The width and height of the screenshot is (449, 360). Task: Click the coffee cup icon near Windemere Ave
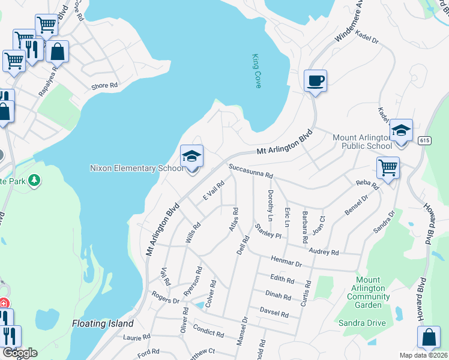point(315,80)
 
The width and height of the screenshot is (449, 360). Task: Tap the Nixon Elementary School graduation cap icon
point(192,157)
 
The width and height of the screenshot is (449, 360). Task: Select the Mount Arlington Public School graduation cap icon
point(401,130)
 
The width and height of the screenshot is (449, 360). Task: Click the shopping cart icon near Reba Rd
point(388,167)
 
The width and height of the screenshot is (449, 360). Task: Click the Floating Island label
point(103,323)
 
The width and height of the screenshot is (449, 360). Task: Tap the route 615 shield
point(425,140)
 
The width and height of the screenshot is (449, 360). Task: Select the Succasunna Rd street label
point(250,172)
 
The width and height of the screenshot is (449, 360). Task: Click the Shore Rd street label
point(104,86)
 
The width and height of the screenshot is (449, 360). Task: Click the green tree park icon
point(34,180)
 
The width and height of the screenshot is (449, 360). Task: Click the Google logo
point(19,353)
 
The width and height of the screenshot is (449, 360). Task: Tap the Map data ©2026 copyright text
point(423,355)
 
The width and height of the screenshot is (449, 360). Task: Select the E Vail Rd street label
point(213,191)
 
